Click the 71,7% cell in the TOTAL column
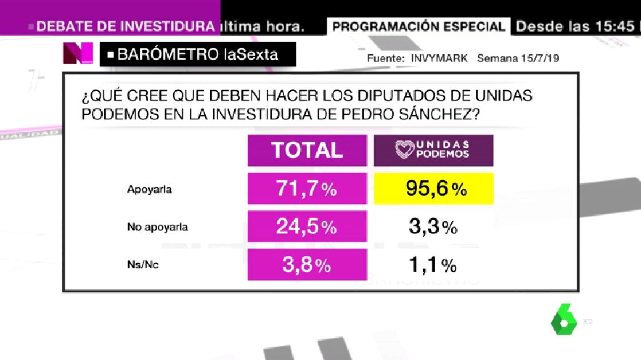pos(307,189)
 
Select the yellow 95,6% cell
pos(433,189)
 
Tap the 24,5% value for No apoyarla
pos(307,226)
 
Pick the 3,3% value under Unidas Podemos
pos(433,227)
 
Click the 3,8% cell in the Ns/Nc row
pos(307,264)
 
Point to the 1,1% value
pos(433,264)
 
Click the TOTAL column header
pos(307,150)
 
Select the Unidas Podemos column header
pos(433,150)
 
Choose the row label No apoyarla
pos(158,227)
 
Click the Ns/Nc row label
pos(143,265)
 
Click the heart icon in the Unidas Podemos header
pos(405,150)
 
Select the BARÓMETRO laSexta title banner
pos(198,54)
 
